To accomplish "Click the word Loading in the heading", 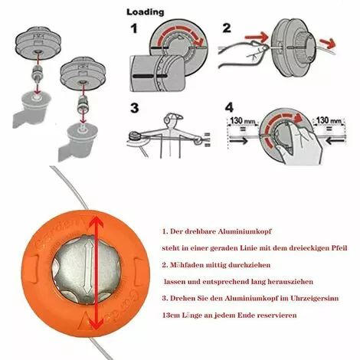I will (145, 13).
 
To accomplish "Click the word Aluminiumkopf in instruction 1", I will (236, 231).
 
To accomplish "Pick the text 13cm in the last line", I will (172, 315).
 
